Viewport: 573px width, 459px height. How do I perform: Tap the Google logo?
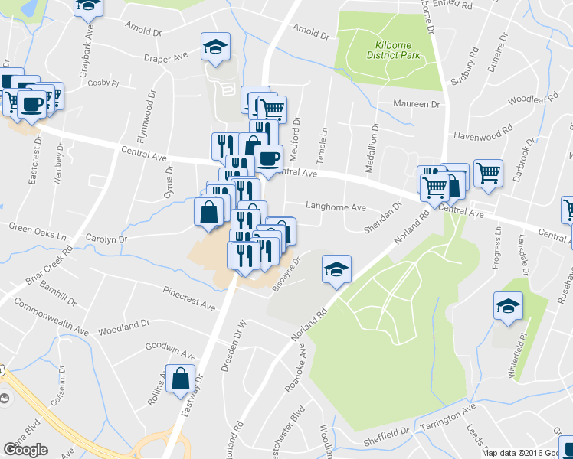click(25, 450)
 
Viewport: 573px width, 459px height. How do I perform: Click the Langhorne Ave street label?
click(336, 206)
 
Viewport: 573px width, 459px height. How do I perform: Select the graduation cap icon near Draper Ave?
click(215, 47)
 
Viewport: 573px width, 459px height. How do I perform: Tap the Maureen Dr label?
click(418, 103)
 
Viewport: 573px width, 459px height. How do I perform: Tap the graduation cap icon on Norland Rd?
click(336, 270)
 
